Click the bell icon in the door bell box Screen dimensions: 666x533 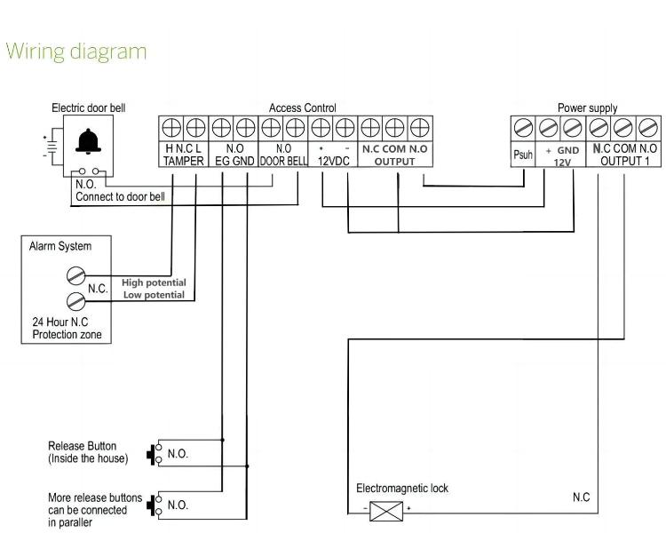[x=88, y=140]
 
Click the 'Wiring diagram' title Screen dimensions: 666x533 [x=76, y=52]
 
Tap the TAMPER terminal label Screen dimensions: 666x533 [x=184, y=161]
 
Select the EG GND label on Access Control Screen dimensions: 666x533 [x=234, y=161]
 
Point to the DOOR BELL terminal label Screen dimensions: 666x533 [x=283, y=161]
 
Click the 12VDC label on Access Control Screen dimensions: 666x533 [x=333, y=161]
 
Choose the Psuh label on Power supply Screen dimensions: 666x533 [x=523, y=155]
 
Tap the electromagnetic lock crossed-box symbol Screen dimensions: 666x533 [x=386, y=511]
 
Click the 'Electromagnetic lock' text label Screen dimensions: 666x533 [x=402, y=489]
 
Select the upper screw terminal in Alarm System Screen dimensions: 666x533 [x=76, y=275]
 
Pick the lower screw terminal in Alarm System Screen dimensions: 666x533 [x=76, y=301]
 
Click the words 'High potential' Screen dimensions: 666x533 [x=154, y=282]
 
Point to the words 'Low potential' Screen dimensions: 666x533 [x=154, y=295]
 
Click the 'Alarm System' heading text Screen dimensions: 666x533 [x=60, y=247]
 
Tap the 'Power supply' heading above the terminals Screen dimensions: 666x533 [x=588, y=108]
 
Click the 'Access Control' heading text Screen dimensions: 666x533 [x=303, y=108]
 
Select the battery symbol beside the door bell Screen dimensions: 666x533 [x=52, y=147]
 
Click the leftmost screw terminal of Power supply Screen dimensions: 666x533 [x=523, y=128]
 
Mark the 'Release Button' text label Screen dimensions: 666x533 [x=82, y=446]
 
